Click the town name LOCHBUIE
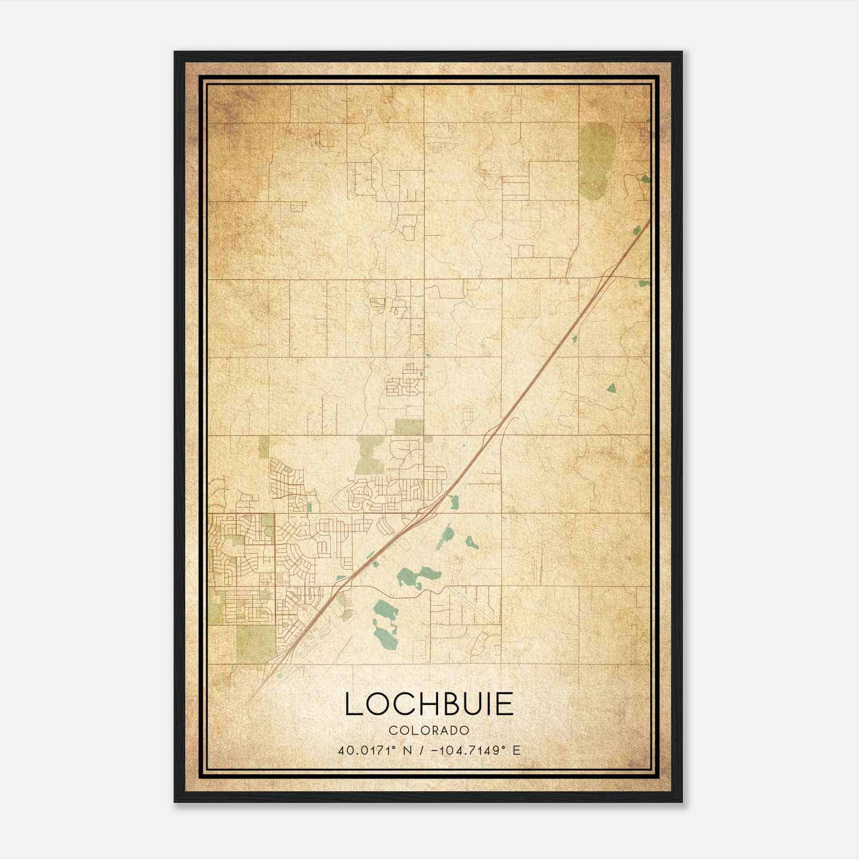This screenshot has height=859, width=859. pyautogui.click(x=429, y=704)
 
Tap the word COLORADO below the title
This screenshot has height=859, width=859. pyautogui.click(x=429, y=731)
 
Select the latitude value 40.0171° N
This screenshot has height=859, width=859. pyautogui.click(x=374, y=751)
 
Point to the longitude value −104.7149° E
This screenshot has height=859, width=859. pyautogui.click(x=479, y=751)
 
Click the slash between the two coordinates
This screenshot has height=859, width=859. pyautogui.click(x=424, y=751)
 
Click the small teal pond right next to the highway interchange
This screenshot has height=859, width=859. pyautogui.click(x=454, y=503)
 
